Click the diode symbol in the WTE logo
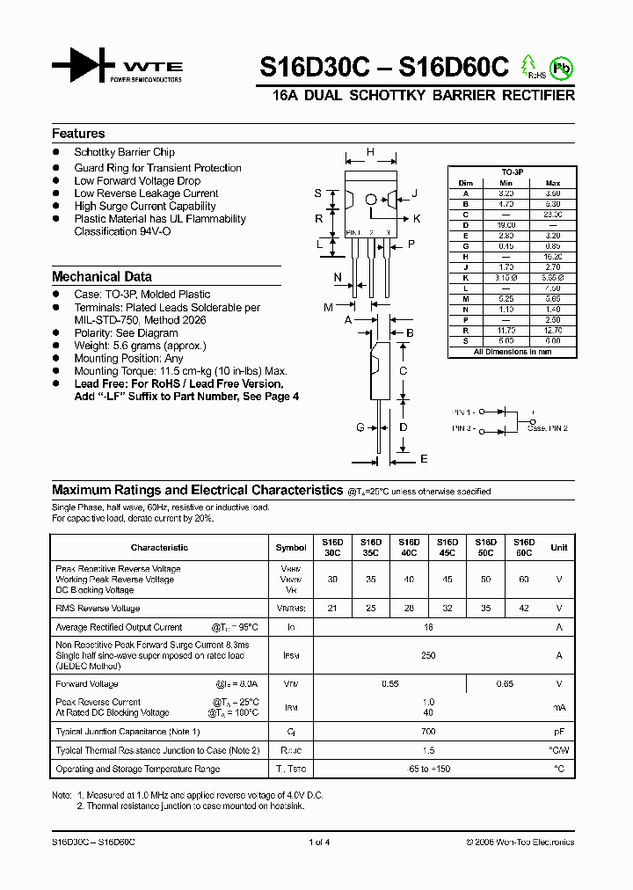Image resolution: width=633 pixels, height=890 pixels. (x=84, y=66)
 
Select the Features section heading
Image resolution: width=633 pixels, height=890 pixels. (x=78, y=134)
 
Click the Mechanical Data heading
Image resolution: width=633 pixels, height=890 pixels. (x=102, y=276)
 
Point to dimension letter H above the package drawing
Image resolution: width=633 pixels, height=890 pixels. (x=370, y=152)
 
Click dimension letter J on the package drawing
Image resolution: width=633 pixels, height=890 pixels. (x=414, y=193)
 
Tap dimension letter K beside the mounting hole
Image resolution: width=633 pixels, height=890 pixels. (x=417, y=218)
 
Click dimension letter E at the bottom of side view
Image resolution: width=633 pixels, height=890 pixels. (x=423, y=459)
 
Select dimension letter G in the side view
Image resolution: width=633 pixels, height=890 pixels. (x=360, y=427)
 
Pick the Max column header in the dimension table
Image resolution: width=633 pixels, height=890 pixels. (x=553, y=183)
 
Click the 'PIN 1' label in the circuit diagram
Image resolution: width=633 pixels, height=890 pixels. (x=462, y=412)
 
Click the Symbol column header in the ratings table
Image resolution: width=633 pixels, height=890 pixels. (x=291, y=547)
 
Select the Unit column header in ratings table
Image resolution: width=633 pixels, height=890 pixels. (x=558, y=547)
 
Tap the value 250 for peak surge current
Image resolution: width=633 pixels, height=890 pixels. (x=428, y=655)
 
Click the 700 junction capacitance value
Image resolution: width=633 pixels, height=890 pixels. (x=428, y=732)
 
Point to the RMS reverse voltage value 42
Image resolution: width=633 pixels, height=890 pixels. (x=524, y=609)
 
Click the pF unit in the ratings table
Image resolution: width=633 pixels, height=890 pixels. (x=558, y=732)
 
